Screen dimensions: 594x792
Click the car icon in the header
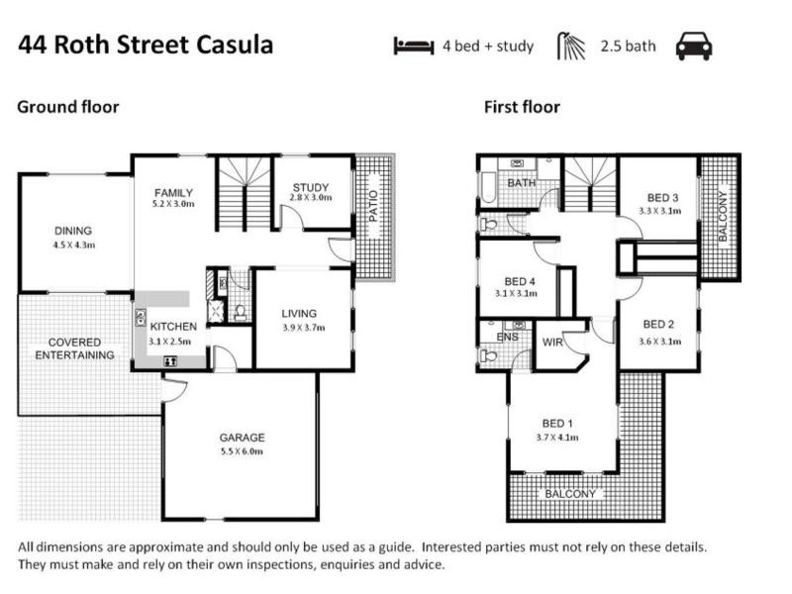pos(693,46)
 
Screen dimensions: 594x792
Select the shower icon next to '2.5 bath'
pos(571,46)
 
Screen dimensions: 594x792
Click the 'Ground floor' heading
pos(67,107)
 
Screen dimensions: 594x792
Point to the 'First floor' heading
pos(522,107)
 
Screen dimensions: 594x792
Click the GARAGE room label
pos(242,438)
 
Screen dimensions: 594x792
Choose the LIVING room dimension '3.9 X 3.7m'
pos(302,328)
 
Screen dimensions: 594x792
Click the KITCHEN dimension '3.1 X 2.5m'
pos(172,341)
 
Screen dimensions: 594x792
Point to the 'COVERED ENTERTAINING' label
pos(74,348)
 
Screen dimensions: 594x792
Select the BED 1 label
pos(561,424)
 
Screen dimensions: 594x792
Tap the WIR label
pos(552,343)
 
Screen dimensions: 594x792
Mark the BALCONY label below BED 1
pos(570,493)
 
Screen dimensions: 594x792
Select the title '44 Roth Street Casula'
pos(146,46)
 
